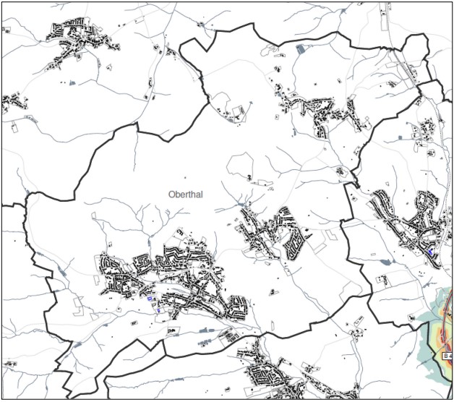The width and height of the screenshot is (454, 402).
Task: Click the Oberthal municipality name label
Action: [187, 194]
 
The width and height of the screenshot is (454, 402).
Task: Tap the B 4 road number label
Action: [447, 356]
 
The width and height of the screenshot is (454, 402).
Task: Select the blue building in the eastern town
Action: [431, 251]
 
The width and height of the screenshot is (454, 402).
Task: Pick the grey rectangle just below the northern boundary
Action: [301, 49]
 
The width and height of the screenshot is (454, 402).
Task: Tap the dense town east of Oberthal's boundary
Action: [408, 221]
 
